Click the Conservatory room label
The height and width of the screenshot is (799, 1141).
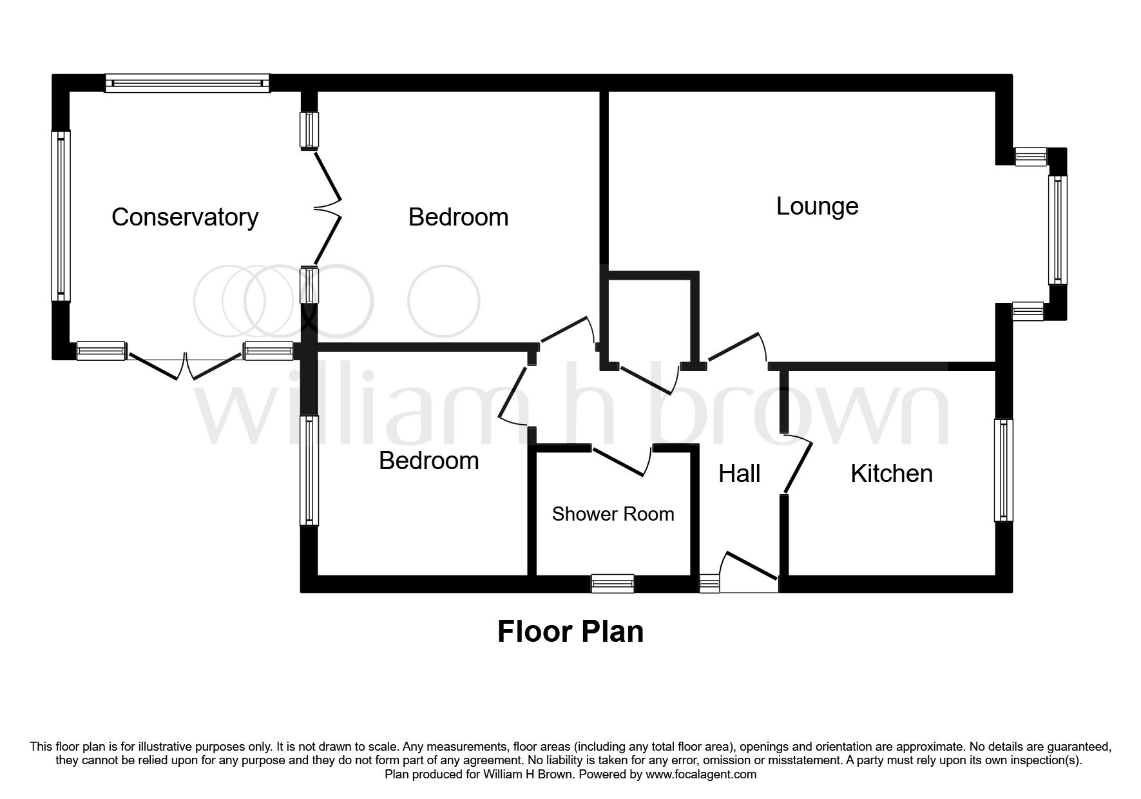pyautogui.click(x=185, y=217)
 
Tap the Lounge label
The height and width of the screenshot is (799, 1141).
pyautogui.click(x=817, y=206)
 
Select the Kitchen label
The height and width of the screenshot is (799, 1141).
pyautogui.click(x=891, y=474)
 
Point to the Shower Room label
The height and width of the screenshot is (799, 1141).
pyautogui.click(x=613, y=514)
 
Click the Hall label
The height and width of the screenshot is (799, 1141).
pyautogui.click(x=739, y=474)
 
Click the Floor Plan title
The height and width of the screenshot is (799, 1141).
pyautogui.click(x=570, y=631)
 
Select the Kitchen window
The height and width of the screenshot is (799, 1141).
pyautogui.click(x=1003, y=470)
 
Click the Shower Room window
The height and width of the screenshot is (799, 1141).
pyautogui.click(x=613, y=584)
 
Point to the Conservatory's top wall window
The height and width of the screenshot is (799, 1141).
pyautogui.click(x=187, y=83)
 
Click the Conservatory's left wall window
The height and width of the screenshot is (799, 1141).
pyautogui.click(x=61, y=216)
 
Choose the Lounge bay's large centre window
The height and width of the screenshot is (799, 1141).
pyautogui.click(x=1057, y=229)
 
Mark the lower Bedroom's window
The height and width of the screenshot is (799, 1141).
pyautogui.click(x=310, y=470)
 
